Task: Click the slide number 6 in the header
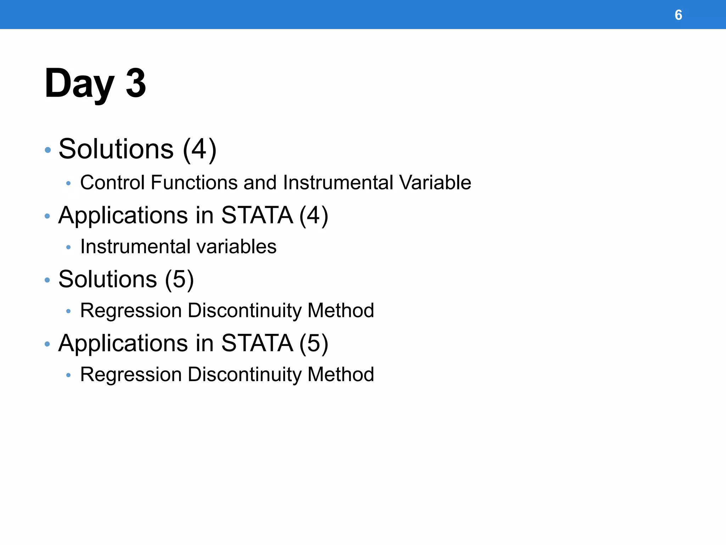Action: tap(678, 15)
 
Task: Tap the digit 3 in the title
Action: tap(136, 83)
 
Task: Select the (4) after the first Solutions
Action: tap(200, 149)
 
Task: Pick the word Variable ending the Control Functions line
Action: tap(435, 182)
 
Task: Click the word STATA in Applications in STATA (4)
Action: tap(257, 215)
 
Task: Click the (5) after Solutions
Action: tap(179, 279)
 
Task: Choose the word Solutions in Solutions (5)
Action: tap(107, 279)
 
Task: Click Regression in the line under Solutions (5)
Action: tap(131, 310)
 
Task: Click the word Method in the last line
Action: tap(341, 374)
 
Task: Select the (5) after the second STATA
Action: tap(314, 343)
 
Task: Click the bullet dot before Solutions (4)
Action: tap(48, 150)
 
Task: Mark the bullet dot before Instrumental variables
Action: tap(68, 247)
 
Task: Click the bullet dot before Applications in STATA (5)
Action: tap(48, 344)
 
